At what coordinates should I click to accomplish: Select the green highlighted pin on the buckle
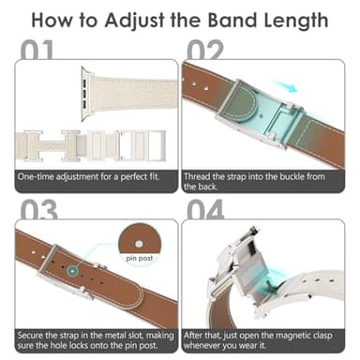tap(71, 271)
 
